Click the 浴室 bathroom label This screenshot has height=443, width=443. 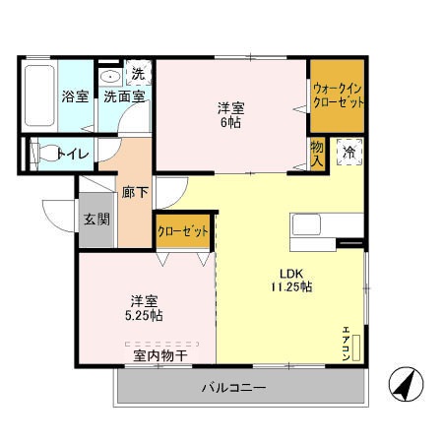pyautogui.click(x=75, y=96)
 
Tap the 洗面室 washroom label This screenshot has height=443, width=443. pyautogui.click(x=125, y=96)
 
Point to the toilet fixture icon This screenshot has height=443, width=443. pyautogui.click(x=42, y=153)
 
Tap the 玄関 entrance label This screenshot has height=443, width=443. pyautogui.click(x=96, y=219)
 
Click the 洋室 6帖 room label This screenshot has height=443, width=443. pyautogui.click(x=231, y=114)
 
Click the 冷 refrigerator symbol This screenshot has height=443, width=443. pyautogui.click(x=348, y=152)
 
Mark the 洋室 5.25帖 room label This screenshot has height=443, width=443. pyautogui.click(x=143, y=307)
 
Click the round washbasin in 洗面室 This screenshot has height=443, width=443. pyautogui.click(x=110, y=75)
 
